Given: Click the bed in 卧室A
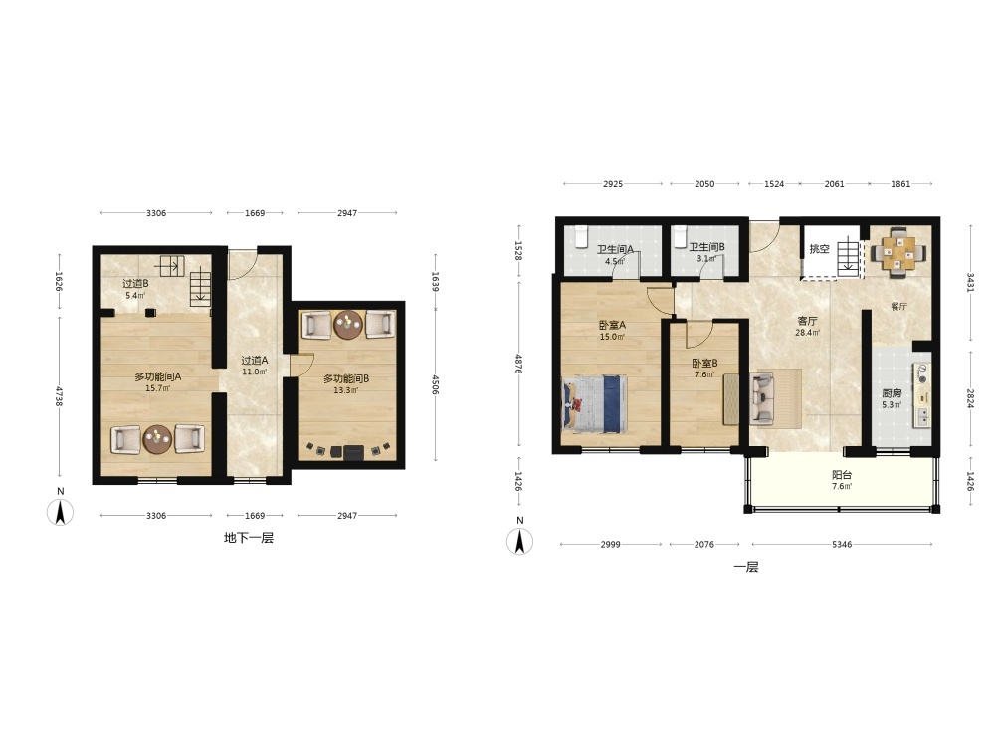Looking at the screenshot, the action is [x=595, y=404].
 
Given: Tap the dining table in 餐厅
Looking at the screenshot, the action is [x=898, y=252].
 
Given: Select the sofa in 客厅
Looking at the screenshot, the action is [x=762, y=398].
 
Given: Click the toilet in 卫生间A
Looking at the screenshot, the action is [x=581, y=236].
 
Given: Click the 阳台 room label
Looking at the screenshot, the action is [x=842, y=474].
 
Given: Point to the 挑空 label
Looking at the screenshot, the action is [x=819, y=249].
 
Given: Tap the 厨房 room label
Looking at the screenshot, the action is [x=892, y=393].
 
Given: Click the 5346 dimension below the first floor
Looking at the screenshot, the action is [x=842, y=545].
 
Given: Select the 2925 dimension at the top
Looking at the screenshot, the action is [x=612, y=184].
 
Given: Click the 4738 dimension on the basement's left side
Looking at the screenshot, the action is [x=59, y=396].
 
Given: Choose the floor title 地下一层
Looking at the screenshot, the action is [x=249, y=538].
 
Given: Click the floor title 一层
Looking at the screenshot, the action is [x=746, y=567].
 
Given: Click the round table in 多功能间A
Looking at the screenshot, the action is [x=157, y=439].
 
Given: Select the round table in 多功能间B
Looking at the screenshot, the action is [x=348, y=326].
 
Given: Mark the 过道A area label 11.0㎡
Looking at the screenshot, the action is [x=254, y=373].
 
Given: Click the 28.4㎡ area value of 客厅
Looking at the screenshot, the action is [x=807, y=333].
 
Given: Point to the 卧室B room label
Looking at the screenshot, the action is [x=704, y=364].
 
